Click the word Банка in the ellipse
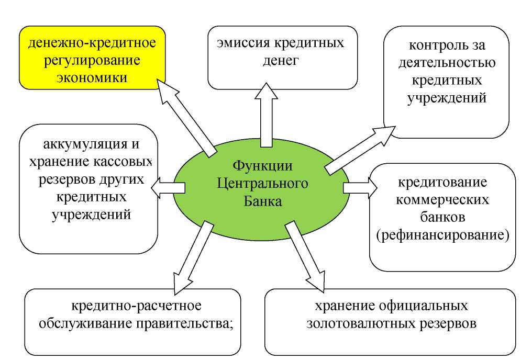[x=262, y=201]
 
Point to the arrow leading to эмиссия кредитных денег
[x=267, y=118]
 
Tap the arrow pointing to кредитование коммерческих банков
[x=359, y=187]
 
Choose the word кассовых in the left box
[x=126, y=162]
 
